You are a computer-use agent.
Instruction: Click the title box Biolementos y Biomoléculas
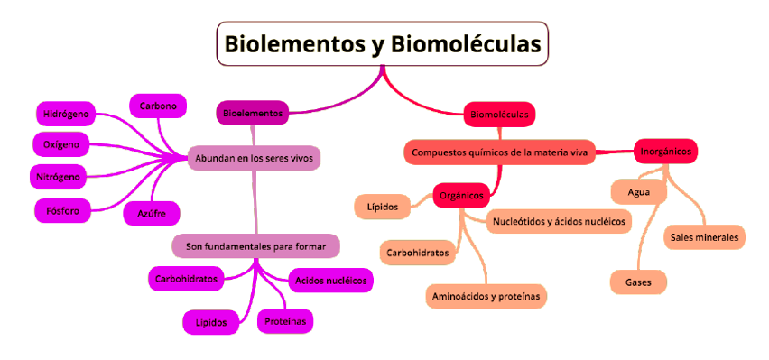[x=383, y=43]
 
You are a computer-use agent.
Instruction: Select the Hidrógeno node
[x=66, y=115]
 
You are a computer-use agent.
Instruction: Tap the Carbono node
[x=158, y=106]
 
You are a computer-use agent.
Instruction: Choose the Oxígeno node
[x=61, y=144]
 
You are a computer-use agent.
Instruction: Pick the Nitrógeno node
[x=60, y=174]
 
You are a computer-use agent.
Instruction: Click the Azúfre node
[x=152, y=213]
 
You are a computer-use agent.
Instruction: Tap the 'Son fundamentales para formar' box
[x=255, y=245]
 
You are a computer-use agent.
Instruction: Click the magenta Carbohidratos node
[x=185, y=279]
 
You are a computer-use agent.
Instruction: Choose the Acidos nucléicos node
[x=331, y=281]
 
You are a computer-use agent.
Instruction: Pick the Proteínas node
[x=286, y=320]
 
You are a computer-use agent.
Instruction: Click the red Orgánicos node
[x=460, y=194]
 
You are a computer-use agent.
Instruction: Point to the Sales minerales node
[x=704, y=238]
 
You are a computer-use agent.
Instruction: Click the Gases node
[x=639, y=282]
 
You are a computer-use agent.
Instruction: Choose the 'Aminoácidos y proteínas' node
[x=486, y=295]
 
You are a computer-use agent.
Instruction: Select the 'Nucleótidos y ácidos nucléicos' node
[x=560, y=220]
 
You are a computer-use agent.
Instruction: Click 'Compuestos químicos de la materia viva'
[x=499, y=152]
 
